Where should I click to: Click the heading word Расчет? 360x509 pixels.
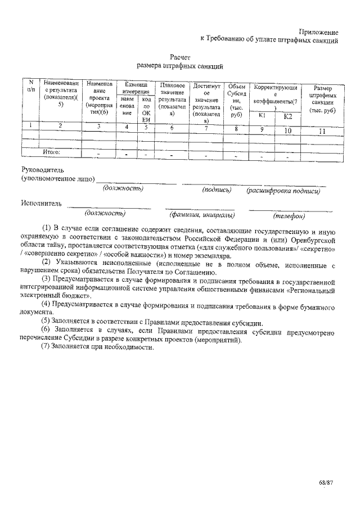tap(181, 57)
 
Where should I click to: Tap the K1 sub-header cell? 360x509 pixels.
tap(262, 115)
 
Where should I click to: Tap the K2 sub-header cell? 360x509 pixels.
tap(288, 116)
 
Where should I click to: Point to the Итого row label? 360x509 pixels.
tap(52, 152)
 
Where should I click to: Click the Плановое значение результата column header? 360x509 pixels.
tap(173, 100)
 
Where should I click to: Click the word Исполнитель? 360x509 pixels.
tap(41, 202)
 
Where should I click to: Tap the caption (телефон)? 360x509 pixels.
tap(289, 216)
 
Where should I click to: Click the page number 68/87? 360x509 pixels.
tap(325, 483)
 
